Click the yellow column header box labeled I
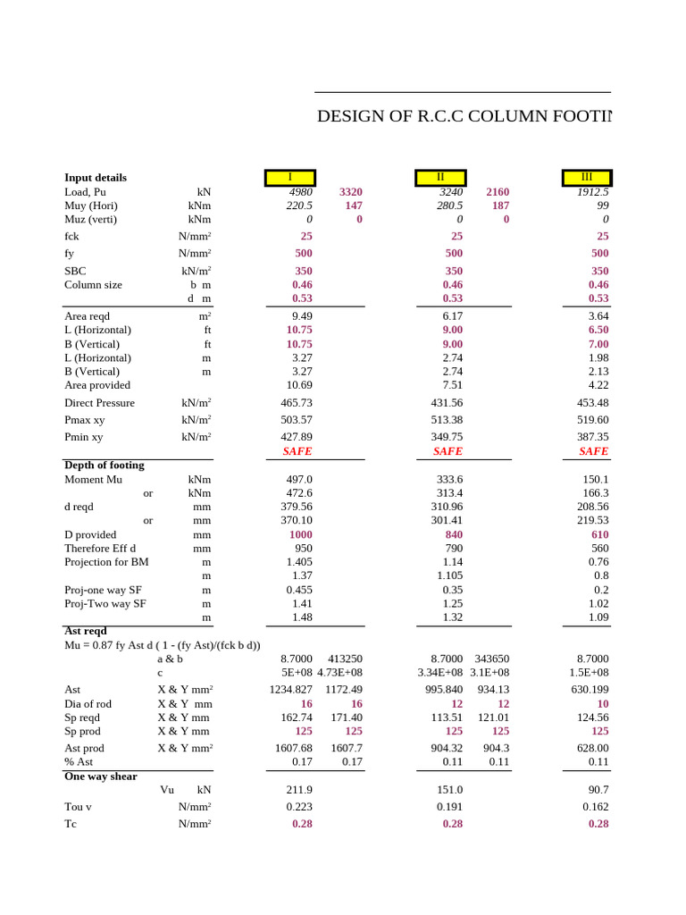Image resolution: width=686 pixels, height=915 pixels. point(289,177)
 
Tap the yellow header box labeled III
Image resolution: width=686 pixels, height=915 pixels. point(586,177)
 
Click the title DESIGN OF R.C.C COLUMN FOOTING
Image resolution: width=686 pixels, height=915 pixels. point(464,117)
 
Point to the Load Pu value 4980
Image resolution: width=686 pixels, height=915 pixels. point(300,192)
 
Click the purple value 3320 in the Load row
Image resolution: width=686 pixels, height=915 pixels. point(350,192)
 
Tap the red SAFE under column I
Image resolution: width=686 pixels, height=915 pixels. point(297,452)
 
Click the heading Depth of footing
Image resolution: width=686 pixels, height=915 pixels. point(104,466)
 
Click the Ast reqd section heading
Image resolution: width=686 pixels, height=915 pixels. point(86,631)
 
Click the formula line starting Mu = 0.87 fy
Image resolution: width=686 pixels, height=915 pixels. point(162,645)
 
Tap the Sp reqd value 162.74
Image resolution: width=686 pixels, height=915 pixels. point(296,718)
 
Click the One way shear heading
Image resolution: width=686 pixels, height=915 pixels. point(101,776)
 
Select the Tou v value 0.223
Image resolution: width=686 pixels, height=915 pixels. point(298,807)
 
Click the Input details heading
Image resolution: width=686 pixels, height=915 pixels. point(96,178)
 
